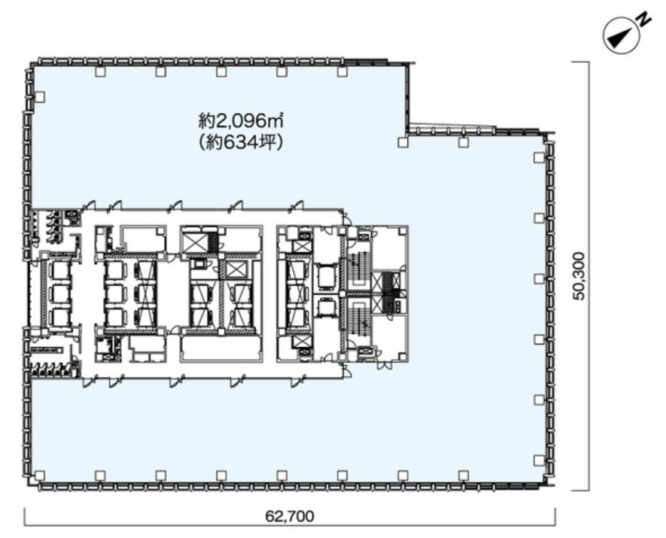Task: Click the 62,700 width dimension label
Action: [290, 516]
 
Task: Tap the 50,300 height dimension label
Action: [579, 276]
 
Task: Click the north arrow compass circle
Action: [622, 36]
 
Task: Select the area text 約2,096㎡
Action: [241, 122]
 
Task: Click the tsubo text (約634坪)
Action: [241, 143]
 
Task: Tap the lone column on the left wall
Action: [39, 97]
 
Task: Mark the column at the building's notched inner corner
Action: [403, 142]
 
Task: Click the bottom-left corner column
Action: [39, 475]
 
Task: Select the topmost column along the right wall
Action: [539, 157]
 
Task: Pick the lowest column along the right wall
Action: [539, 460]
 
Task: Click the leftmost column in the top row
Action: [100, 71]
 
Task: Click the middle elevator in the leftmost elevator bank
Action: [59, 293]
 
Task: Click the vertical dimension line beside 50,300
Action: [588, 276]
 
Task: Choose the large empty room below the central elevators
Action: [220, 349]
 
